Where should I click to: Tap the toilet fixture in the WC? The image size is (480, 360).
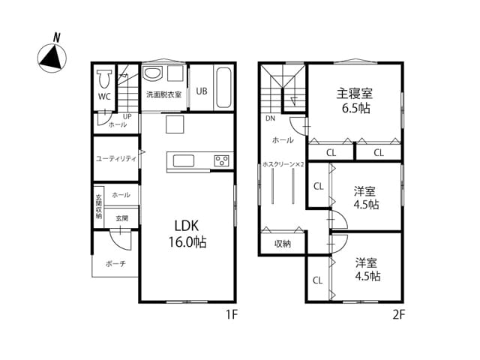pyautogui.click(x=104, y=79)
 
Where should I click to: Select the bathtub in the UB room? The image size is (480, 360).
pyautogui.click(x=223, y=87)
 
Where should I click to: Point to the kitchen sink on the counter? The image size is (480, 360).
pyautogui.click(x=183, y=160)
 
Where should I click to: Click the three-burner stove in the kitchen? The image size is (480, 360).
pyautogui.click(x=222, y=160)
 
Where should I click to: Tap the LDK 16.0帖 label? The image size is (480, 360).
pyautogui.click(x=187, y=234)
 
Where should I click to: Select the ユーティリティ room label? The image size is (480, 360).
pyautogui.click(x=116, y=158)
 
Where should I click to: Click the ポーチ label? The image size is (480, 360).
pyautogui.click(x=115, y=263)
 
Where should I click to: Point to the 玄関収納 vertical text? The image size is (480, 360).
pyautogui.click(x=98, y=207)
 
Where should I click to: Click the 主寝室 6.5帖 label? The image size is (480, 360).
pyautogui.click(x=355, y=100)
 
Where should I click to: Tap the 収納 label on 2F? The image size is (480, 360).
pyautogui.click(x=283, y=244)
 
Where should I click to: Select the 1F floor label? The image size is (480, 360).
pyautogui.click(x=232, y=314)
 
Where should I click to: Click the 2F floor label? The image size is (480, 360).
pyautogui.click(x=399, y=314)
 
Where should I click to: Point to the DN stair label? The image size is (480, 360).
pyautogui.click(x=270, y=118)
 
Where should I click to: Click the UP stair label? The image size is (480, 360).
pyautogui.click(x=127, y=117)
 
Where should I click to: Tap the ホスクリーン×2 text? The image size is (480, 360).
pyautogui.click(x=283, y=164)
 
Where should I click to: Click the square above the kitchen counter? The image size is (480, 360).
pyautogui.click(x=175, y=124)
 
